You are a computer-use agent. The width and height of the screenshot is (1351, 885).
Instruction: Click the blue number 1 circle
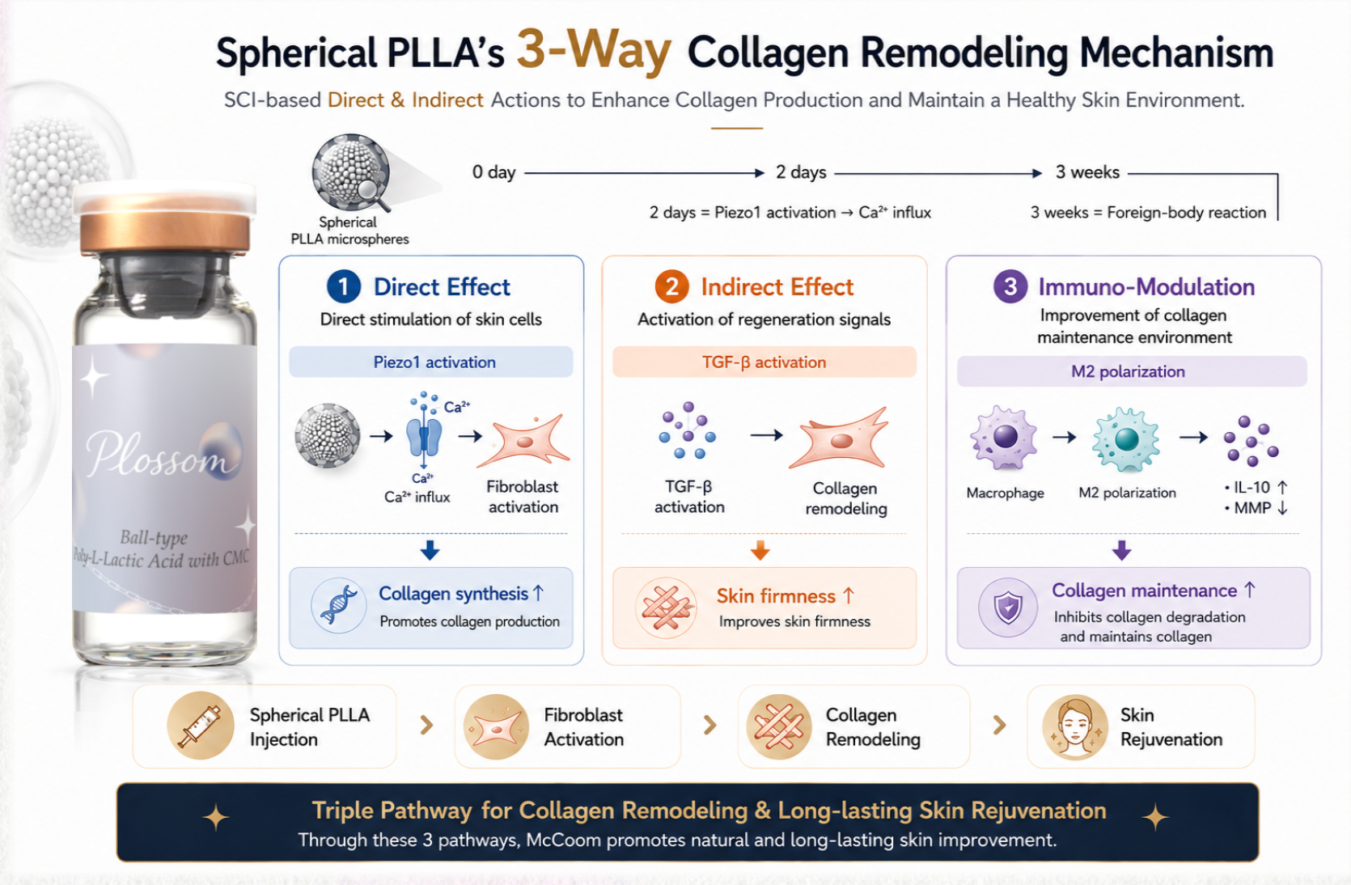click(343, 286)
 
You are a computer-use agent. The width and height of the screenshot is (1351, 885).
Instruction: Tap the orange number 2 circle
click(672, 286)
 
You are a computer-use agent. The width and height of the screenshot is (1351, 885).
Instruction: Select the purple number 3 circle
click(1010, 286)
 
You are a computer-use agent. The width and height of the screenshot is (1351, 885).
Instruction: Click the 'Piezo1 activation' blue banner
click(430, 362)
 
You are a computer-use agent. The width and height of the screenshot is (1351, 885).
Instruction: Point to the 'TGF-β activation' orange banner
click(764, 362)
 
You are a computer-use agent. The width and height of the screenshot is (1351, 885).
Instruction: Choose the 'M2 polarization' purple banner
click(1132, 371)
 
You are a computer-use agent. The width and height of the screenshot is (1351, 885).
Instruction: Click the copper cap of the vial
click(165, 223)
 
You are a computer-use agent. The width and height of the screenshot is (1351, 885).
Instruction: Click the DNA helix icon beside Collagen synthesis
click(338, 605)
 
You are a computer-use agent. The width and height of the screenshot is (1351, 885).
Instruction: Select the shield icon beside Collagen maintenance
click(1008, 607)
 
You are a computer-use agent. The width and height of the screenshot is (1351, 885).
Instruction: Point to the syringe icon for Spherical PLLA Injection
click(201, 725)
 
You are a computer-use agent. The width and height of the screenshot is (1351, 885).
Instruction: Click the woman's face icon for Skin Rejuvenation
click(1075, 726)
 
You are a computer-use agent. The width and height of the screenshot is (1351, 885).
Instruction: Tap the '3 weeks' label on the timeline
click(1086, 172)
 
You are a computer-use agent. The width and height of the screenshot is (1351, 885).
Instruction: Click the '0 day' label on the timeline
click(493, 172)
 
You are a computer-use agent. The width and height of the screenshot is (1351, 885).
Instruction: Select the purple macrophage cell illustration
click(1004, 438)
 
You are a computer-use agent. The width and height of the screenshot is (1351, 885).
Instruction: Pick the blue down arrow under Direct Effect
click(430, 550)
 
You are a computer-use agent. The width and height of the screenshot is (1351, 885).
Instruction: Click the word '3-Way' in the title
click(594, 50)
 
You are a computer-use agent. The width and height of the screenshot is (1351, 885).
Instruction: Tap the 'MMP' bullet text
click(1252, 508)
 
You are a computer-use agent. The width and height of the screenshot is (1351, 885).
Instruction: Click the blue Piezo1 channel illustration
click(424, 435)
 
